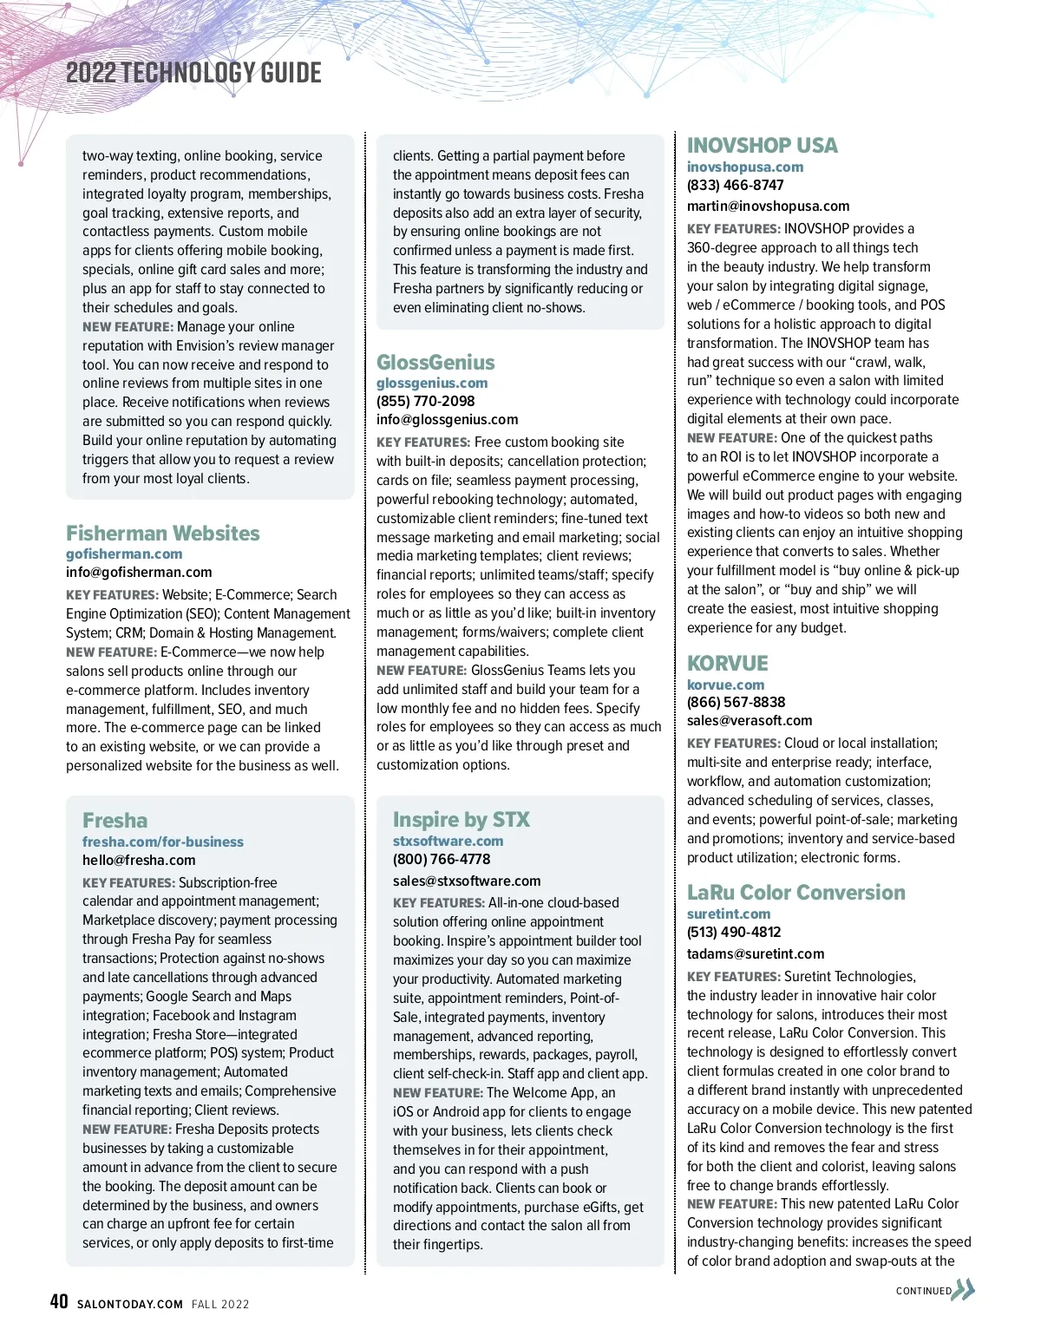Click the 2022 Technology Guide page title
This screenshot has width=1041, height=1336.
193,73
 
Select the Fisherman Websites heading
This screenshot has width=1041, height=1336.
163,533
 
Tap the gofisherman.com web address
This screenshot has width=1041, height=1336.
124,553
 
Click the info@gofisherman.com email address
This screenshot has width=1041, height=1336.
139,573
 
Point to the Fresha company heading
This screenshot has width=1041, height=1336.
115,820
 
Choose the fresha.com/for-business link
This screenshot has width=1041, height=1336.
163,842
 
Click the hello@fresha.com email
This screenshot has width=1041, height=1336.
139,861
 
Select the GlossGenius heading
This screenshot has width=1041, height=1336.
435,362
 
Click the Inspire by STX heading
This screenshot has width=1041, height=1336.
461,819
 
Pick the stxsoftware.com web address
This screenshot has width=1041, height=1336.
448,841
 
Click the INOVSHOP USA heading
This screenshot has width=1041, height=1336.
763,145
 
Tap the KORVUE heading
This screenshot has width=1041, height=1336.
728,663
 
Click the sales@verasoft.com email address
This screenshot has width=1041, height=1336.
750,721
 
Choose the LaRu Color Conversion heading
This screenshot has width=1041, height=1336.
796,892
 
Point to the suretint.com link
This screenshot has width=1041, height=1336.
729,914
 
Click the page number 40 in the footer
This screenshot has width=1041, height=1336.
59,1301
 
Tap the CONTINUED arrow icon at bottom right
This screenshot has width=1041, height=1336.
964,1290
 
